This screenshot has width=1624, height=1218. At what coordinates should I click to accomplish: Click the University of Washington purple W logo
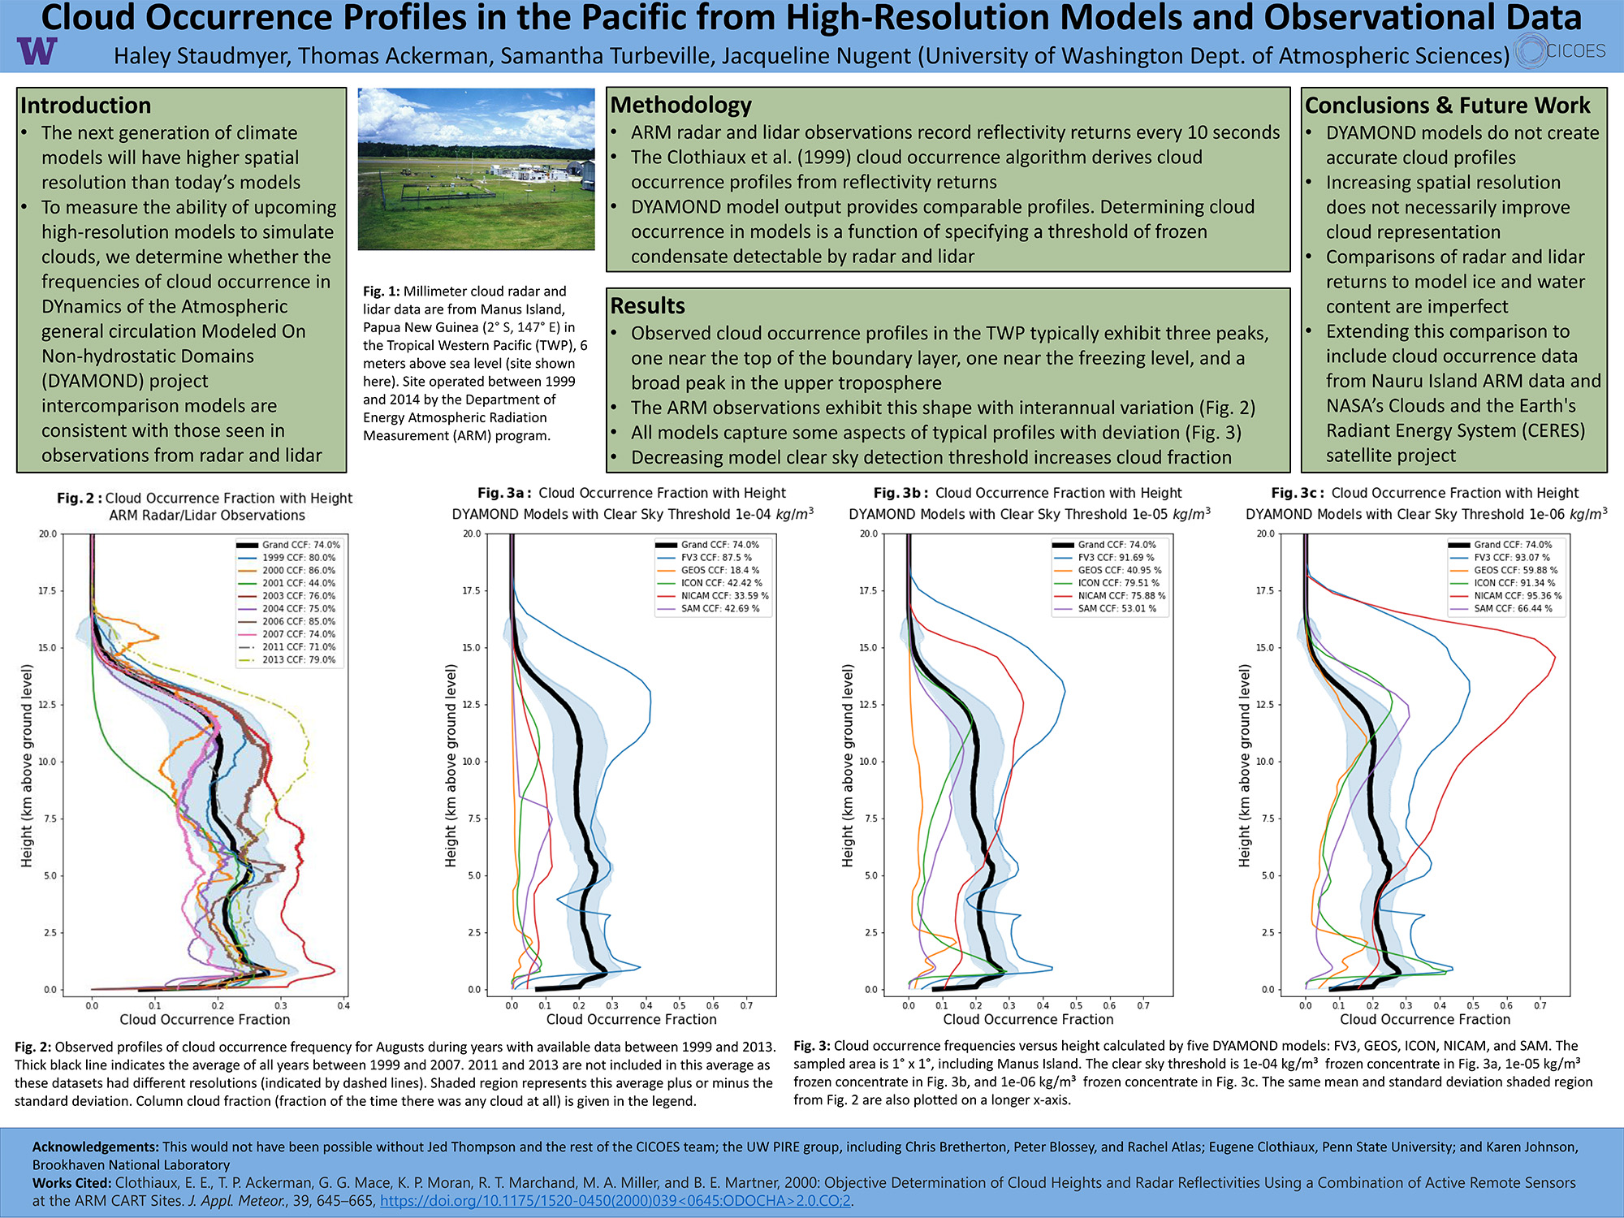click(x=37, y=51)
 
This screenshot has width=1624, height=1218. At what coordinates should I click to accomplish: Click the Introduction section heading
click(x=86, y=106)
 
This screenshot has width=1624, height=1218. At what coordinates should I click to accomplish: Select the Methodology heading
click(x=680, y=105)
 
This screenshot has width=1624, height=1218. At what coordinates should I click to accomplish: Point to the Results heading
click(x=647, y=306)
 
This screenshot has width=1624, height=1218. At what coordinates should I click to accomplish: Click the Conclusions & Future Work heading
click(x=1447, y=106)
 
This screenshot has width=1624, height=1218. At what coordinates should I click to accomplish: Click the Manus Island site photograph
click(x=476, y=169)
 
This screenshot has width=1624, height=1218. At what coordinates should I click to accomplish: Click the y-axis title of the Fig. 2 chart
click(x=28, y=765)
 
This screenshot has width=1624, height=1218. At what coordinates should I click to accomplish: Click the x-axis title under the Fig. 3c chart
click(x=1425, y=1019)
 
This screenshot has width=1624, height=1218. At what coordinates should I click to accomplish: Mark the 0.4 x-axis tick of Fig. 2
click(x=343, y=1005)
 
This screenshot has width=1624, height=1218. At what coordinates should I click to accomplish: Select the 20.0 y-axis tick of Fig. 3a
click(x=472, y=534)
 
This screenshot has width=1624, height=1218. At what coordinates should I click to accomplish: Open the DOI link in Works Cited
click(x=615, y=1200)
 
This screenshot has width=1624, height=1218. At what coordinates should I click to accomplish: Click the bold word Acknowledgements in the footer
click(x=96, y=1147)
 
